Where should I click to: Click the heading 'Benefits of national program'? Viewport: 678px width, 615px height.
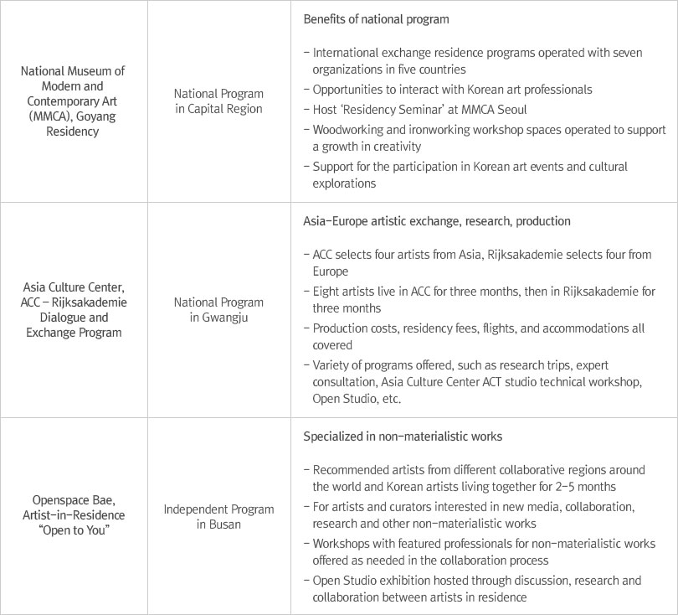tap(376, 19)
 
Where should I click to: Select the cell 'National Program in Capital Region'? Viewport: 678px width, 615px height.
tap(219, 101)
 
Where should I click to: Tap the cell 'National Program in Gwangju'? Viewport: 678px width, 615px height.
tap(219, 309)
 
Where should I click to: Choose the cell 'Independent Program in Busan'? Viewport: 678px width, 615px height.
tap(219, 516)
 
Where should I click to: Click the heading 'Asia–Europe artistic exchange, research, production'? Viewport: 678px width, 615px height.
tap(436, 221)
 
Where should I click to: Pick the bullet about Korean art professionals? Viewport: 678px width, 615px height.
tap(452, 89)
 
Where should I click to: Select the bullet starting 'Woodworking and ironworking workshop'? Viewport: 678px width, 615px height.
tap(488, 137)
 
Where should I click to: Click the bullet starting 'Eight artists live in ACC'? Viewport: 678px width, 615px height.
tap(483, 298)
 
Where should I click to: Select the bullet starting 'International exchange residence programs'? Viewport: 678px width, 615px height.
tap(477, 60)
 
